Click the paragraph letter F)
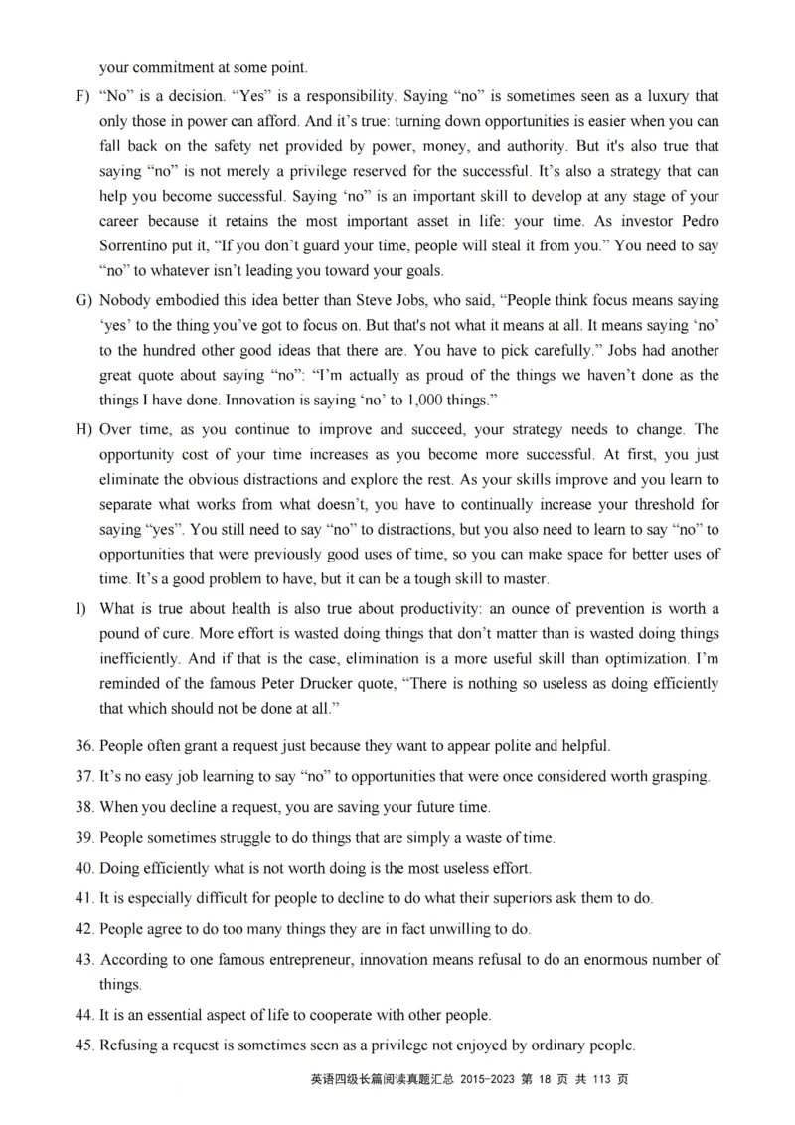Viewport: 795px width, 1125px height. click(x=81, y=97)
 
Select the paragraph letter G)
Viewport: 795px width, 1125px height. click(x=82, y=300)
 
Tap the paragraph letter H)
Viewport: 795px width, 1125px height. click(x=82, y=429)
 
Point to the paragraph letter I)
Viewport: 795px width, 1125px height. click(x=80, y=608)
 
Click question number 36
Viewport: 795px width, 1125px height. click(x=85, y=745)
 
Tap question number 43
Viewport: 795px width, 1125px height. click(x=85, y=959)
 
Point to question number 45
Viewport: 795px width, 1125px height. click(x=85, y=1045)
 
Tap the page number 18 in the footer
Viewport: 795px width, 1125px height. click(x=544, y=1079)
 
